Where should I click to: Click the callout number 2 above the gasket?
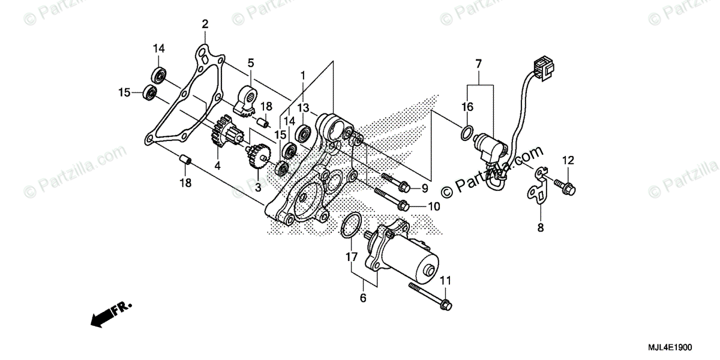point(205,25)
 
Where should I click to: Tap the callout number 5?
point(250,62)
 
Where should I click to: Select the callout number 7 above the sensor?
point(478,64)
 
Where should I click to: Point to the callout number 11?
point(445,280)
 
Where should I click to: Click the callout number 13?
point(303,107)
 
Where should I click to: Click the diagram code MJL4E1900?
point(670,347)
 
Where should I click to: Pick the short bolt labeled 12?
point(563,185)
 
